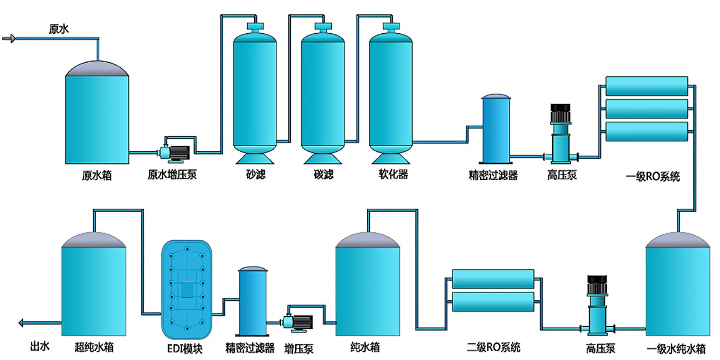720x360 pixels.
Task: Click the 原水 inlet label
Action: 59,29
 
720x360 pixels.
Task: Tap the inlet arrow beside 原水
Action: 9,39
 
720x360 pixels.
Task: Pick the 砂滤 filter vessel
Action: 255,91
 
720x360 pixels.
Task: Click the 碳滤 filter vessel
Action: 323,91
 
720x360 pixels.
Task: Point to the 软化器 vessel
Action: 391,91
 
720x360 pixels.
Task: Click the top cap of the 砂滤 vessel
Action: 255,25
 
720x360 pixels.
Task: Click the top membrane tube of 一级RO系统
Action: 647,86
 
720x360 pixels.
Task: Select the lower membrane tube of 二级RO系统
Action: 493,302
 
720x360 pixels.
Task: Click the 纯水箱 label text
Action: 365,348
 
